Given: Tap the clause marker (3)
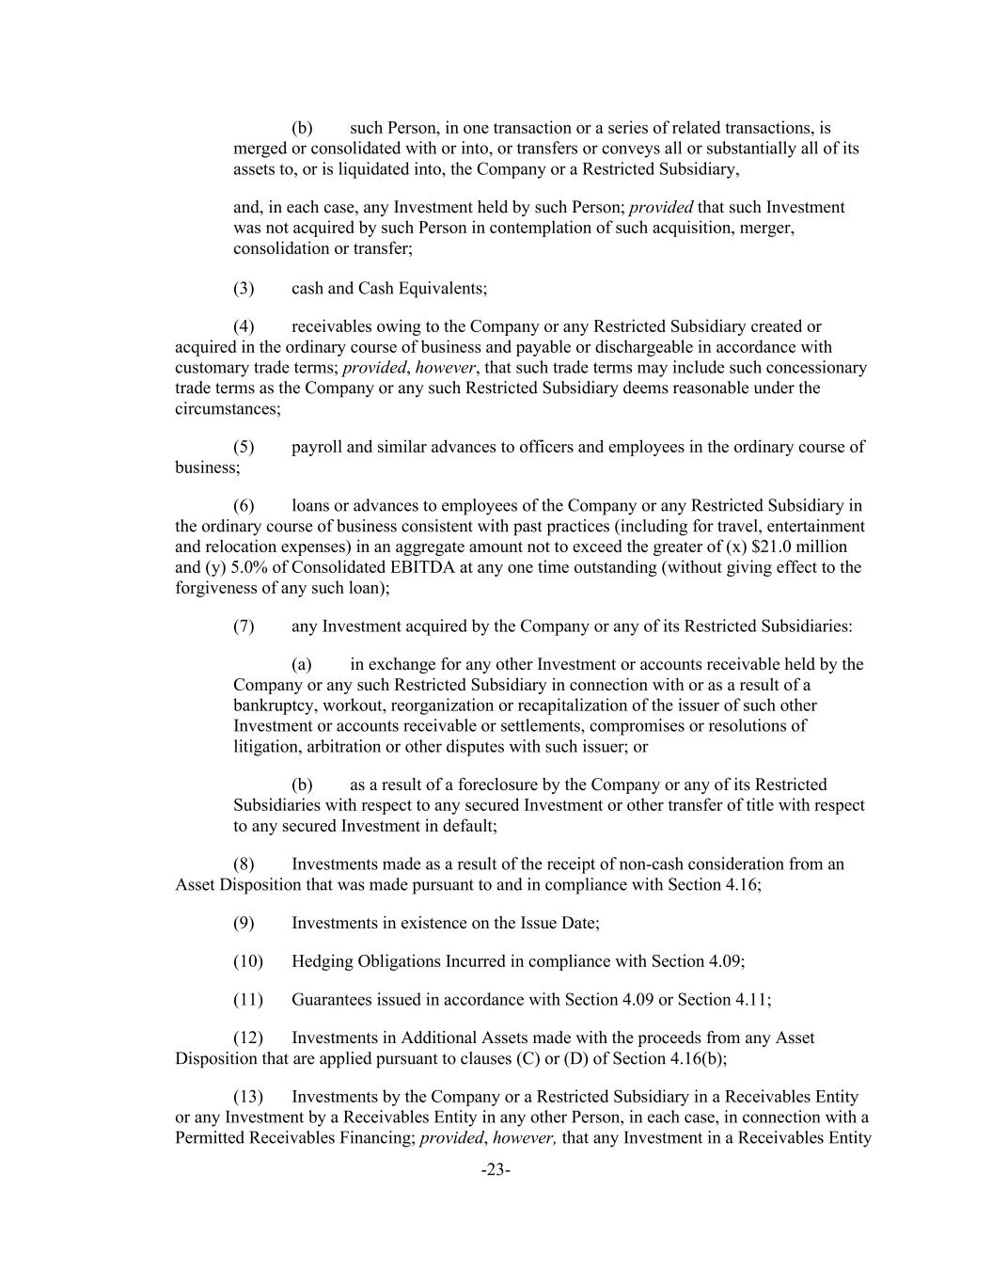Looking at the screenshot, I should point(244,288).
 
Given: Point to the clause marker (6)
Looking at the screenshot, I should point(244,506).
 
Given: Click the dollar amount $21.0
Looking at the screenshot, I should point(775,547).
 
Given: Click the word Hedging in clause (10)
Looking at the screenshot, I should point(319,961).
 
